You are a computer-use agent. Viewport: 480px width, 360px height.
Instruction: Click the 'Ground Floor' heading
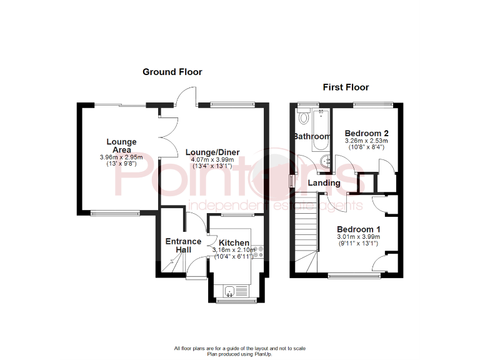point(172,72)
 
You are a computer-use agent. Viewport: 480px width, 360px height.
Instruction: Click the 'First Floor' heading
point(346,87)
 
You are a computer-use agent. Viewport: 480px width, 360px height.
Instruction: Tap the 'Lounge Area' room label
point(121,146)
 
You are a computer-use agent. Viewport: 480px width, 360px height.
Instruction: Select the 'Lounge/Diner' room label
point(212,152)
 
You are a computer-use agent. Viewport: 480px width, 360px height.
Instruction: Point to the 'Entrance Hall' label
point(183,246)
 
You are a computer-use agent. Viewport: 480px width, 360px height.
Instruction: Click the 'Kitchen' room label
point(234,242)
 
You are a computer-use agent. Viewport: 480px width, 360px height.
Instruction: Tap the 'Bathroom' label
point(312,136)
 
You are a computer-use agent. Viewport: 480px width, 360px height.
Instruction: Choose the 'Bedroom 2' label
point(367,133)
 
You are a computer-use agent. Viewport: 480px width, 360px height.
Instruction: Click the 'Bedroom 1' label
point(359,229)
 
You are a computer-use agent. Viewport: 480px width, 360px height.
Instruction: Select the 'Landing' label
point(324,183)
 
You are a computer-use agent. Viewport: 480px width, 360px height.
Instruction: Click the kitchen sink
point(230,290)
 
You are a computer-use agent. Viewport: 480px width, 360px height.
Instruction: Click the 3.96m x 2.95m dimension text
point(121,157)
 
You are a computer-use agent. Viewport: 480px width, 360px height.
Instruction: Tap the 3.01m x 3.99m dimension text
point(359,237)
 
